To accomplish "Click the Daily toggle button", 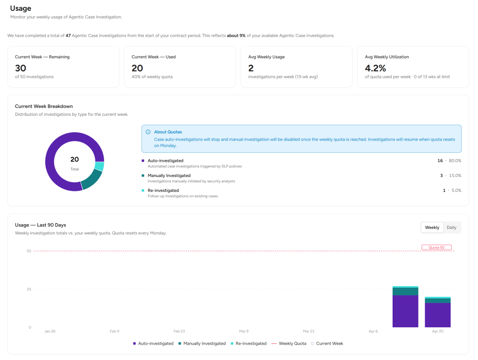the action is pyautogui.click(x=451, y=227).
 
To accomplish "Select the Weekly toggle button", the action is pyautogui.click(x=432, y=227).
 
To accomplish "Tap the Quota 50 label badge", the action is pyautogui.click(x=436, y=247).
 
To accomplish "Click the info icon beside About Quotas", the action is pyautogui.click(x=148, y=132).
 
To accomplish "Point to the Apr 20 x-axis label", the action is pyautogui.click(x=437, y=331).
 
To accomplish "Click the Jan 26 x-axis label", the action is pyautogui.click(x=49, y=331).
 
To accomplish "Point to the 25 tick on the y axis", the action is pyautogui.click(x=29, y=289).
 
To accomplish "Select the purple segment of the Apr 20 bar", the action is pyautogui.click(x=437, y=315).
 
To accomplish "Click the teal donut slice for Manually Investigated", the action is pyautogui.click(x=92, y=180).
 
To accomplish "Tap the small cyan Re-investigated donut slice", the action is pyautogui.click(x=99, y=166).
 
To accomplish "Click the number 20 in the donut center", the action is pyautogui.click(x=75, y=159).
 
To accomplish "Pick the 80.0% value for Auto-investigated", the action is pyautogui.click(x=455, y=161).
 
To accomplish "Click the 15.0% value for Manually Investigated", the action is pyautogui.click(x=455, y=176).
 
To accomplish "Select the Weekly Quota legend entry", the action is pyautogui.click(x=288, y=344).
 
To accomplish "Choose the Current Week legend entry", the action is pyautogui.click(x=327, y=344).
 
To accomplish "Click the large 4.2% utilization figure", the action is pyautogui.click(x=375, y=68).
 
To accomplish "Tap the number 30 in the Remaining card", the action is pyautogui.click(x=21, y=68).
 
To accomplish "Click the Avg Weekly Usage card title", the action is pyautogui.click(x=267, y=57).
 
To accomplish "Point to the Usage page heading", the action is pyautogui.click(x=21, y=8).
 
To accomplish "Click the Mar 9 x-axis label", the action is pyautogui.click(x=244, y=331).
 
